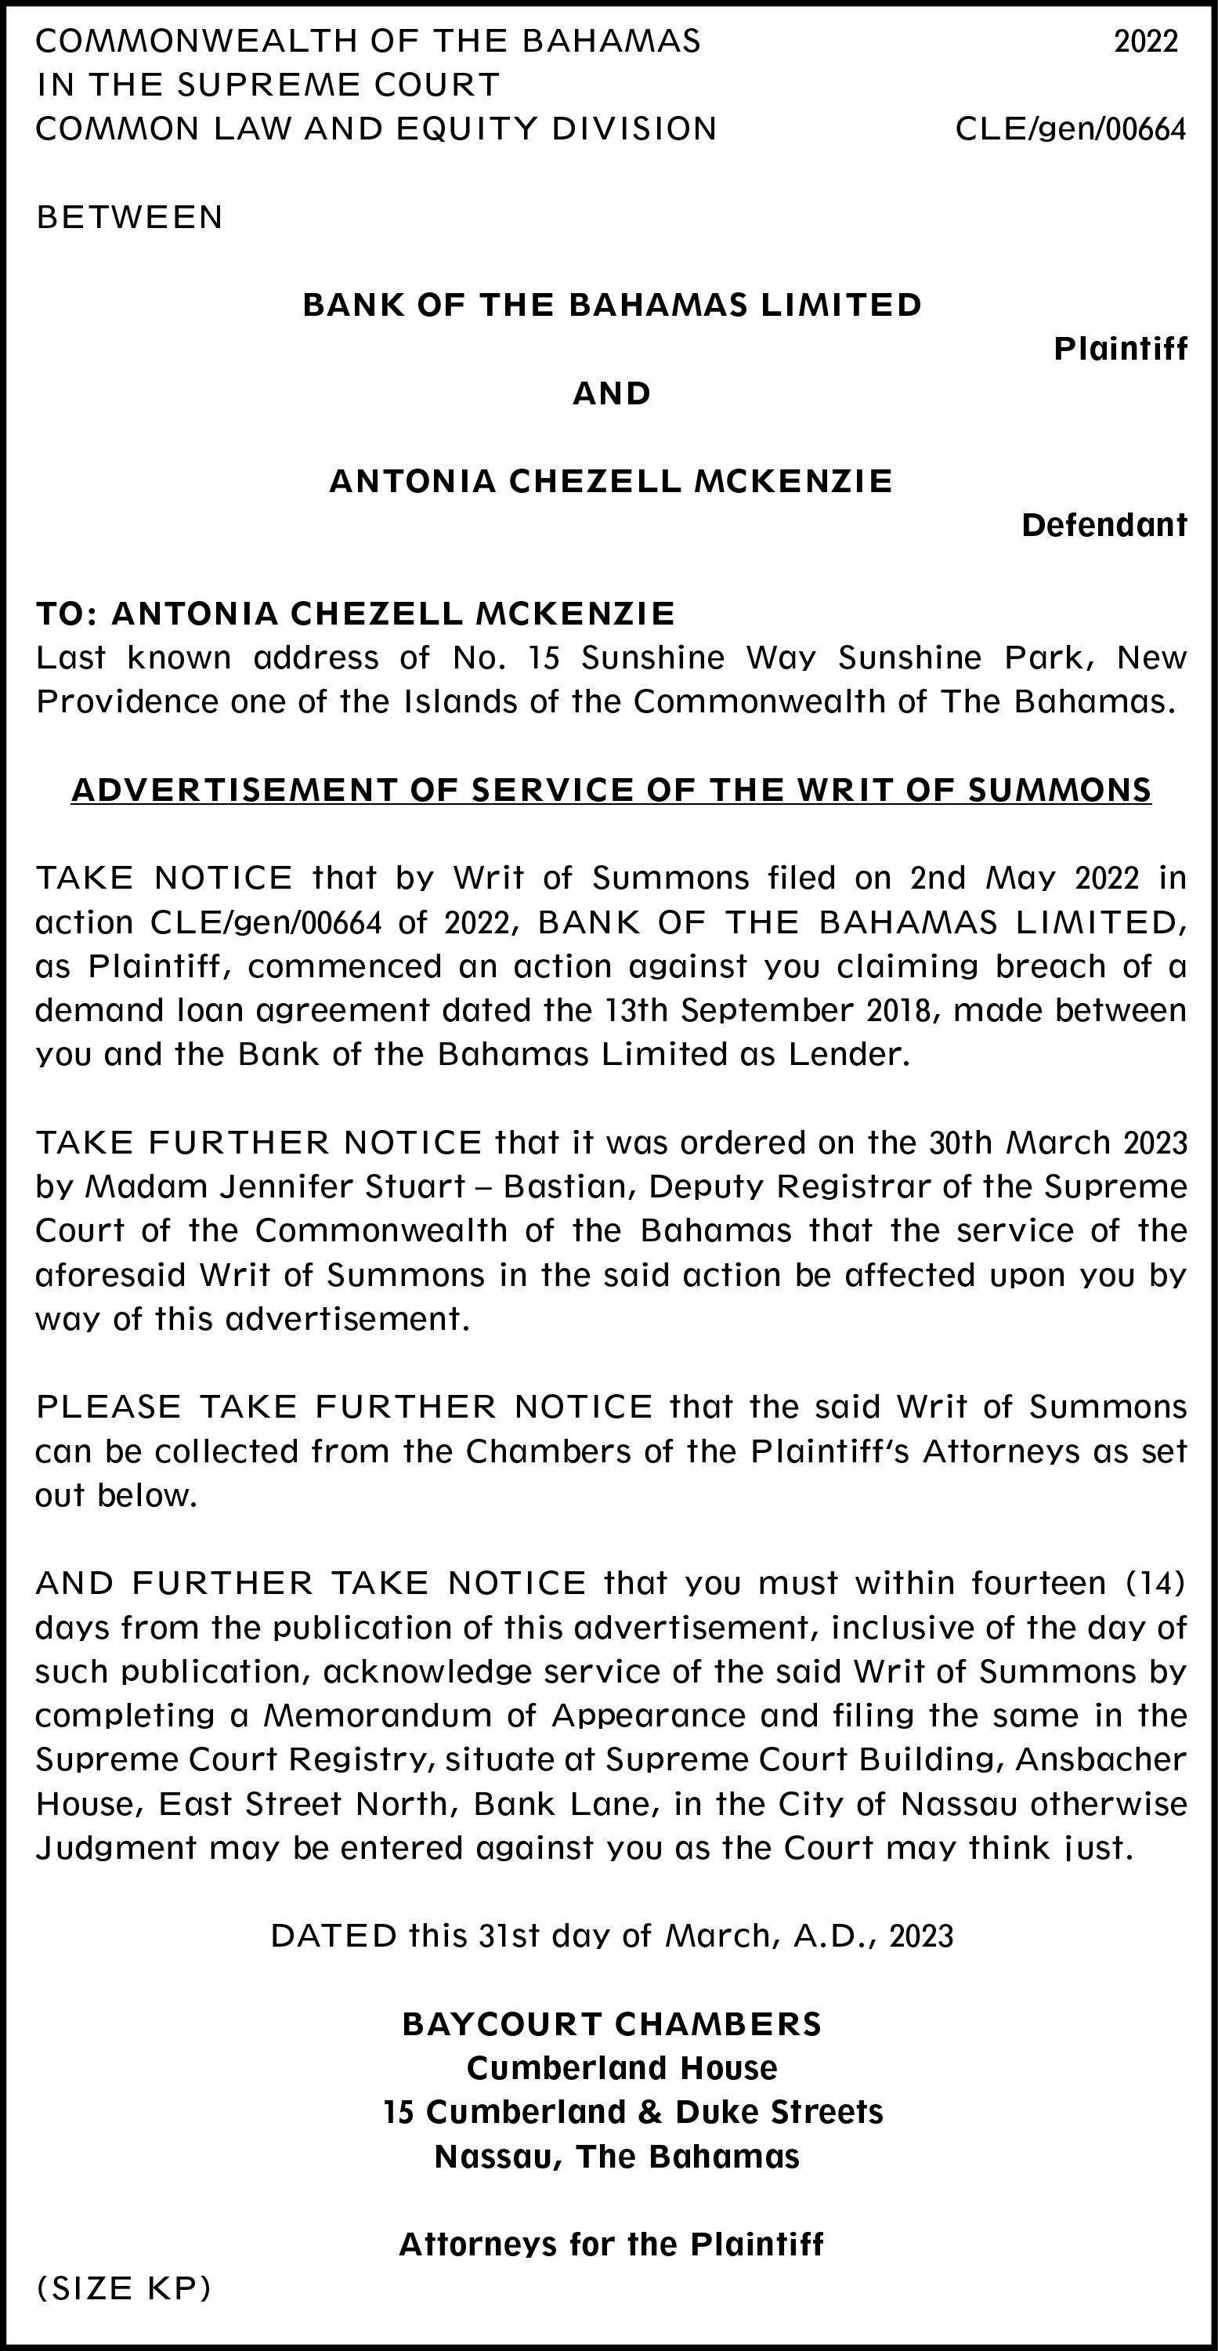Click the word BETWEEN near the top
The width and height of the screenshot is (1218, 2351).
129,217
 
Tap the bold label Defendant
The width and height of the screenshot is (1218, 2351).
1104,525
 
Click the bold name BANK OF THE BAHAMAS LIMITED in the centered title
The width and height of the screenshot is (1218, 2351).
613,304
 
